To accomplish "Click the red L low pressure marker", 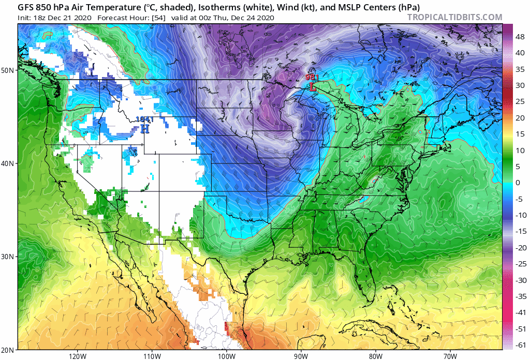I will coord(313,87).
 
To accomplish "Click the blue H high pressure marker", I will coord(145,128).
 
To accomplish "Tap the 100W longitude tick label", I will coord(226,356).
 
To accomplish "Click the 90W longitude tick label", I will coord(301,356).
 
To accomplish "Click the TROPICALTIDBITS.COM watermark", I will coord(454,18).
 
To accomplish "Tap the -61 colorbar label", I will coord(518,345).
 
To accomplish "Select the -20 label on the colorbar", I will coord(518,247).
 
